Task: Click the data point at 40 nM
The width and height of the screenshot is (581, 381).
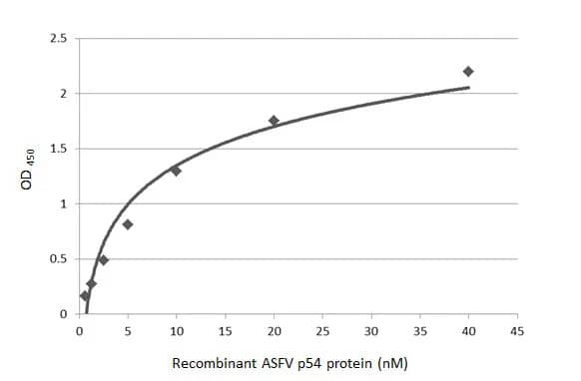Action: pyautogui.click(x=467, y=71)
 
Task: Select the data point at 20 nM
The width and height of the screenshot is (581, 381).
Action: pyautogui.click(x=274, y=121)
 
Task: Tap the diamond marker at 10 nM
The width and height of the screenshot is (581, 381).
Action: pyautogui.click(x=176, y=171)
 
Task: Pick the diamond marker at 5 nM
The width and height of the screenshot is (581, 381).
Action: pyautogui.click(x=128, y=224)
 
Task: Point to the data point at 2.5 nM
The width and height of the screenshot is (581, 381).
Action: pyautogui.click(x=103, y=260)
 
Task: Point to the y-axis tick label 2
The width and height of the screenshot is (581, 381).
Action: pyautogui.click(x=62, y=94)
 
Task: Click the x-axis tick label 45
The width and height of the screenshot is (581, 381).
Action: pyautogui.click(x=516, y=331)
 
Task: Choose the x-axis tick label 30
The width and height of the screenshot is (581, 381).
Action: pyautogui.click(x=370, y=331)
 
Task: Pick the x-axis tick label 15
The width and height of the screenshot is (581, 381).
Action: pyautogui.click(x=225, y=331)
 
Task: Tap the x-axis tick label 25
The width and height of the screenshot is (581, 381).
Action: pyautogui.click(x=321, y=331)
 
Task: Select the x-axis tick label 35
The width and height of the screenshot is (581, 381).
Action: pyautogui.click(x=419, y=331)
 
